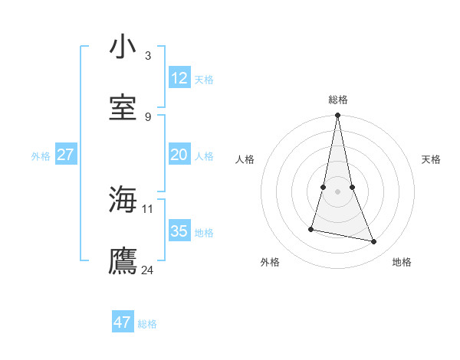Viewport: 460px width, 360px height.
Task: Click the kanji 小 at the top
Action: tap(123, 47)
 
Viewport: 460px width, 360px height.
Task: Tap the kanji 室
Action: tap(123, 107)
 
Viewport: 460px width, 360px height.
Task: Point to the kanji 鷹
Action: tap(123, 261)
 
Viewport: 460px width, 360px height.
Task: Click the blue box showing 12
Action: tap(179, 77)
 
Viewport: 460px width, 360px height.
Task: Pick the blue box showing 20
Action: tap(179, 155)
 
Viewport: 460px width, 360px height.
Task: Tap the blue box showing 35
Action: tap(179, 231)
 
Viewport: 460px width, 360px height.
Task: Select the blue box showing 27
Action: tap(65, 155)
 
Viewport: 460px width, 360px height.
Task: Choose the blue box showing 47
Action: tap(123, 322)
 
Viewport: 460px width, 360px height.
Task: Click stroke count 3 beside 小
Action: tap(147, 56)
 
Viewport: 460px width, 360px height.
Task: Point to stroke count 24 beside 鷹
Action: tap(148, 270)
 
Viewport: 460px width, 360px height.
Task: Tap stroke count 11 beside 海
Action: tap(148, 208)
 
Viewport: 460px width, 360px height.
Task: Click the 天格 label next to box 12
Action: tap(204, 79)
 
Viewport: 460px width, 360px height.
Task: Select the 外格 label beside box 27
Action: tap(41, 156)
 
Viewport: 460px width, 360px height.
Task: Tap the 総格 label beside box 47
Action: tap(147, 324)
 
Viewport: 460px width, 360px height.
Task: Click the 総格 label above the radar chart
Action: tap(338, 100)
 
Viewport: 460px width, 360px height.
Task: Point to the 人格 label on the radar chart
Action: tap(245, 159)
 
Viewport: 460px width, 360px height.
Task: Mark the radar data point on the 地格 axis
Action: tap(374, 242)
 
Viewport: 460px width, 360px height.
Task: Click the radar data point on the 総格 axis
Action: tap(337, 116)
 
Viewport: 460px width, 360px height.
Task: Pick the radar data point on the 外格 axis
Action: tap(311, 229)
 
